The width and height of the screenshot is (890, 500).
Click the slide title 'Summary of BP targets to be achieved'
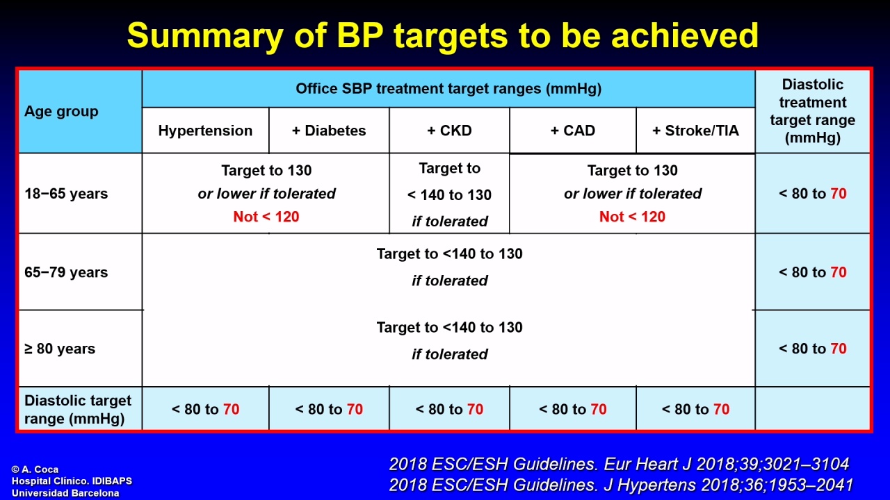[443, 35]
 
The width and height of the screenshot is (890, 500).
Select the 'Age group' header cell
[61, 112]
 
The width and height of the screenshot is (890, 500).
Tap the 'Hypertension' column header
[205, 131]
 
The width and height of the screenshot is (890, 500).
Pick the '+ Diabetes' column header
[329, 131]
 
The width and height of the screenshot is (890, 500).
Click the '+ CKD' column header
[449, 131]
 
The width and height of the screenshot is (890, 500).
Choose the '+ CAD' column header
[572, 131]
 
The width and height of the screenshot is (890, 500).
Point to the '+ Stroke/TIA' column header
[695, 131]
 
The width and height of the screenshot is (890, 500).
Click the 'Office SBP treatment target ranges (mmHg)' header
[448, 88]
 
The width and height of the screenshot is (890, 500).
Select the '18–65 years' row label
[66, 194]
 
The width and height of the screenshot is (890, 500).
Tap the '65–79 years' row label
[66, 272]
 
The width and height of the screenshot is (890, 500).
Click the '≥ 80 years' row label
[60, 349]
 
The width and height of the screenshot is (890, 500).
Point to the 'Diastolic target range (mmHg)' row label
[77, 410]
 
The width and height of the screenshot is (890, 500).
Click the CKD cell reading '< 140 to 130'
[449, 195]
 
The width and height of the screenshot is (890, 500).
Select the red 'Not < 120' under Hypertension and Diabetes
[266, 217]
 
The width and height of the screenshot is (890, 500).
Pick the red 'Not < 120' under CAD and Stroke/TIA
[632, 217]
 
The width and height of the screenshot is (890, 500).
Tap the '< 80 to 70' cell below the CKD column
[449, 409]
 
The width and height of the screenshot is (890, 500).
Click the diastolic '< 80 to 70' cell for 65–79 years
[813, 272]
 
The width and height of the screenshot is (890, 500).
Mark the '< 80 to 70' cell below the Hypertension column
[205, 409]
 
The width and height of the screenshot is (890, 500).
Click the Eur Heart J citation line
[619, 464]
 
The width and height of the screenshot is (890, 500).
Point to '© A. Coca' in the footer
[35, 469]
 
